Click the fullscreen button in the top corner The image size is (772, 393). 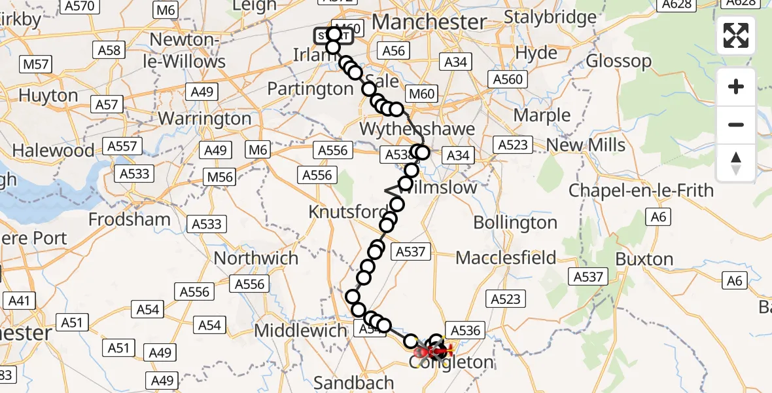point(736,35)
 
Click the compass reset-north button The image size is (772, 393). point(736,163)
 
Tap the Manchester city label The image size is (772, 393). point(429,22)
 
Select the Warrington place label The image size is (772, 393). point(205,119)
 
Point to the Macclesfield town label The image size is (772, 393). point(506,257)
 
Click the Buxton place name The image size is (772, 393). point(644,259)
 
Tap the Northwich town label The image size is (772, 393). point(256,258)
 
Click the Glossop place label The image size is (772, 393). point(618,62)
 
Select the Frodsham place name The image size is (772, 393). point(129,219)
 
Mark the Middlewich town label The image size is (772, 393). point(300,330)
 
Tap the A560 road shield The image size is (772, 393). point(507,79)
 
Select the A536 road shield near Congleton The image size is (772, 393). point(464,330)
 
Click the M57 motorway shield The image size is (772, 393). point(36,64)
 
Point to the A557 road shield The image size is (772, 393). point(122,146)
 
